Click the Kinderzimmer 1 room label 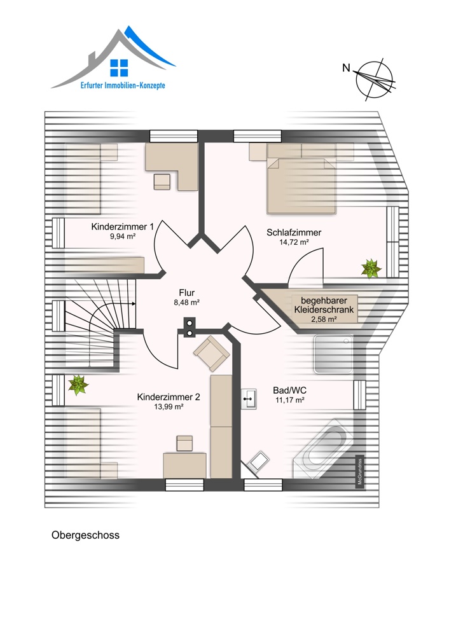tap(123, 227)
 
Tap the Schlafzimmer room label tap(294, 232)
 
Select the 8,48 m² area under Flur tap(186, 302)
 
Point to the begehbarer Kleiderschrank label tap(324, 305)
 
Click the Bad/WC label tap(289, 391)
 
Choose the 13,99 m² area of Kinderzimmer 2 tap(169, 407)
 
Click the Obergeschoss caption tap(86, 536)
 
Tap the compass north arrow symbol tap(375, 79)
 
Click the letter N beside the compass tap(346, 68)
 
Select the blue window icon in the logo tap(119, 68)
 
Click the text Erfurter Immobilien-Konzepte tap(123, 86)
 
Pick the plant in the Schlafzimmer tap(371, 268)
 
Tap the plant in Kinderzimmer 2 tap(78, 385)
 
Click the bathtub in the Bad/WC tap(323, 449)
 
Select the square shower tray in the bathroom tap(333, 354)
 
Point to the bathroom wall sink tap(249, 399)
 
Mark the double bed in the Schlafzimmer tap(301, 185)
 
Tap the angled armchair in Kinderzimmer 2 tap(212, 353)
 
